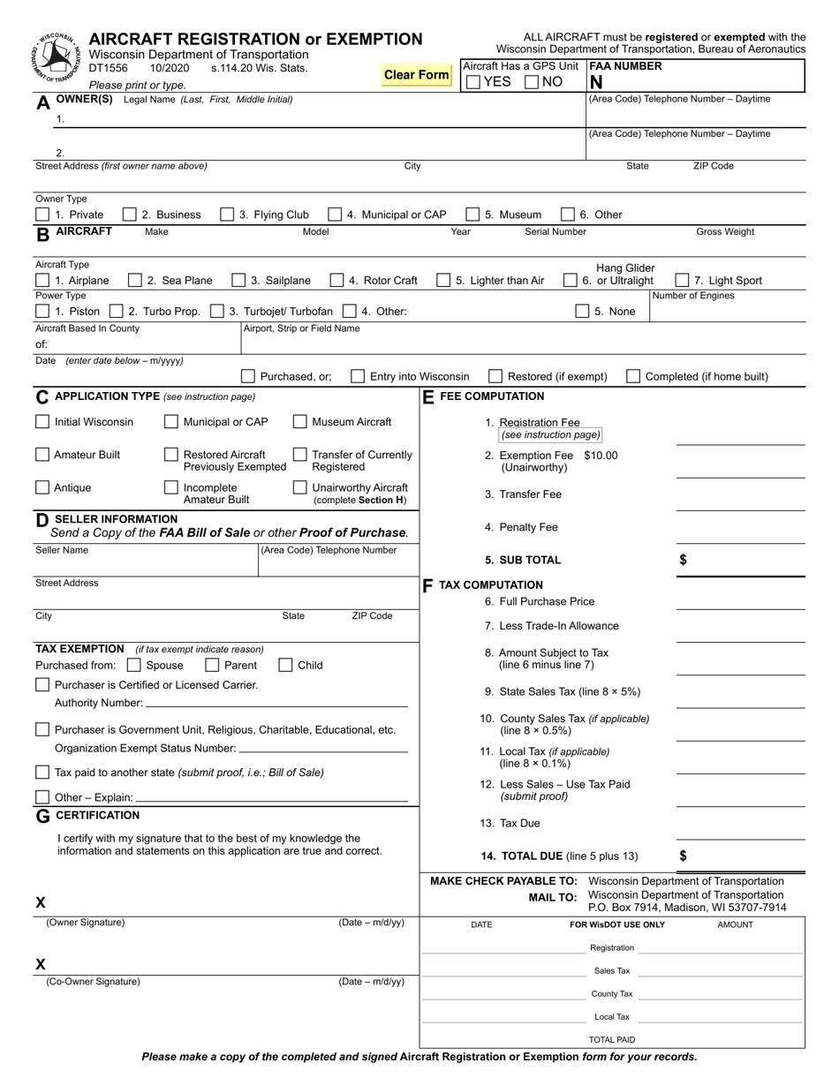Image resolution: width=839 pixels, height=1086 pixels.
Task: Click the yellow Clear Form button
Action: coord(417,75)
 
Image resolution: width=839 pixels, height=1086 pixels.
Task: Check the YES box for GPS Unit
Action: coord(473,82)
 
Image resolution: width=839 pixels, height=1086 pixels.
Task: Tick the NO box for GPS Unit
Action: coord(532,82)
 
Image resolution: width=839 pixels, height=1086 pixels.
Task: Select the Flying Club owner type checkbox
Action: coord(227,215)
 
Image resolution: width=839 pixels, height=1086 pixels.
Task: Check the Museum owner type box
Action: coord(472,215)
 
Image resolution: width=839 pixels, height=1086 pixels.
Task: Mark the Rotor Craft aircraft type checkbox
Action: coord(336,281)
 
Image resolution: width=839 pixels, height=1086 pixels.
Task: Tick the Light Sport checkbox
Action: coord(683,281)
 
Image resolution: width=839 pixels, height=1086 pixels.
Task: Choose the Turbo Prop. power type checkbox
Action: coord(117,312)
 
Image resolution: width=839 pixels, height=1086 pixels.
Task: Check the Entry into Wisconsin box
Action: coord(358,376)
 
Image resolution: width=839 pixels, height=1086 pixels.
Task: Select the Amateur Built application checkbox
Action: coord(42,455)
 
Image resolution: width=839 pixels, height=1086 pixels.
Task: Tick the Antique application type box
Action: coord(42,487)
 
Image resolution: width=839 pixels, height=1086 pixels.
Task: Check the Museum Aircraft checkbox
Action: coord(300,422)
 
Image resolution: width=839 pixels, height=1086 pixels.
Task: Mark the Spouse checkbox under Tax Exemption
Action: coord(134,665)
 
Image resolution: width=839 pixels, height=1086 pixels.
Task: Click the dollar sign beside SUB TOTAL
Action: coord(683,560)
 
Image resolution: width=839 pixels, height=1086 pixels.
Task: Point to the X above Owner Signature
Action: coord(40,902)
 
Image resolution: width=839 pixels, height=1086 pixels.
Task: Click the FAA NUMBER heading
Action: coord(626,66)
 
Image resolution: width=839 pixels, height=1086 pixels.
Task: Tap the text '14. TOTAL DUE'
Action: coord(521,856)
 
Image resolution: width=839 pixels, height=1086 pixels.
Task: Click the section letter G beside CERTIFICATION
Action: coord(42,817)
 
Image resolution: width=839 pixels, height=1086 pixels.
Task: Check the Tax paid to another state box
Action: coord(42,773)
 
